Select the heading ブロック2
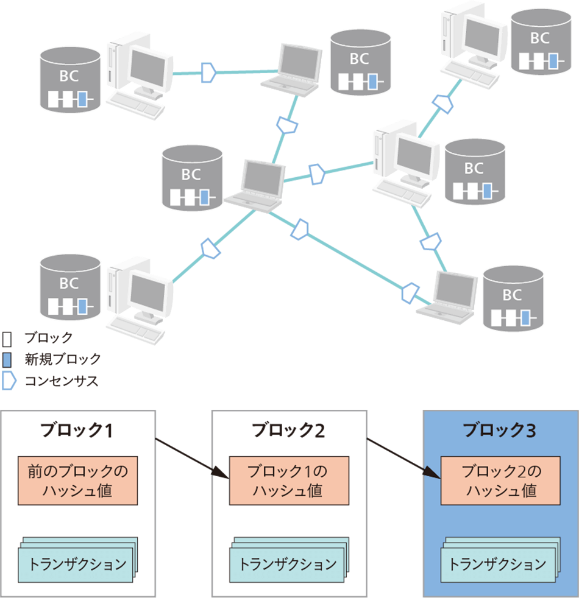pyautogui.click(x=288, y=431)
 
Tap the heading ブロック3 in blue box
pyautogui.click(x=500, y=431)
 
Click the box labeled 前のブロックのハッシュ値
pyautogui.click(x=78, y=480)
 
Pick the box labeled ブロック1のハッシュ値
pyautogui.click(x=289, y=480)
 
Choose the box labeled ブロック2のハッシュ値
pyautogui.click(x=500, y=480)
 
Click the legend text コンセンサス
pyautogui.click(x=61, y=382)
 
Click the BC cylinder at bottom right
pyautogui.click(x=513, y=299)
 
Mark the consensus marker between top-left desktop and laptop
pyautogui.click(x=209, y=71)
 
